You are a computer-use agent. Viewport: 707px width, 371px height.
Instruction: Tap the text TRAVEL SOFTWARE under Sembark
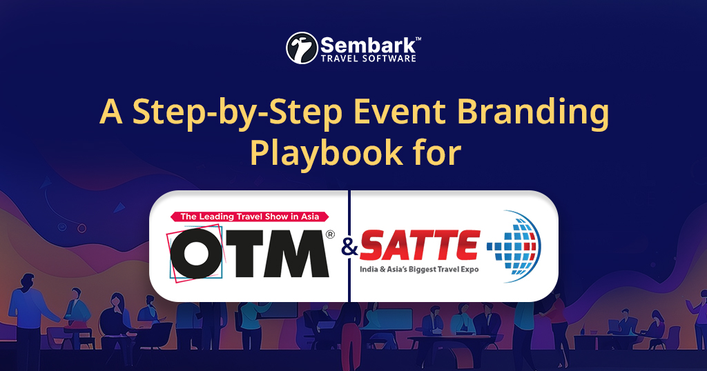[x=369, y=59]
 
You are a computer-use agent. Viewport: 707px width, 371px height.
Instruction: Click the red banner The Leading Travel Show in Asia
[x=249, y=217]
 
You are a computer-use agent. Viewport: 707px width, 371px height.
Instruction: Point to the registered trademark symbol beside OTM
[x=330, y=234]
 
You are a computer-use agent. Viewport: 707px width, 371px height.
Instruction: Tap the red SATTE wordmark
[x=420, y=245]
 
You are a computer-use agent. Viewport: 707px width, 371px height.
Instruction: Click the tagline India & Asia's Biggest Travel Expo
[x=418, y=268]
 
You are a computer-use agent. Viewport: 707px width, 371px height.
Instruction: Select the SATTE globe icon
[x=514, y=246]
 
